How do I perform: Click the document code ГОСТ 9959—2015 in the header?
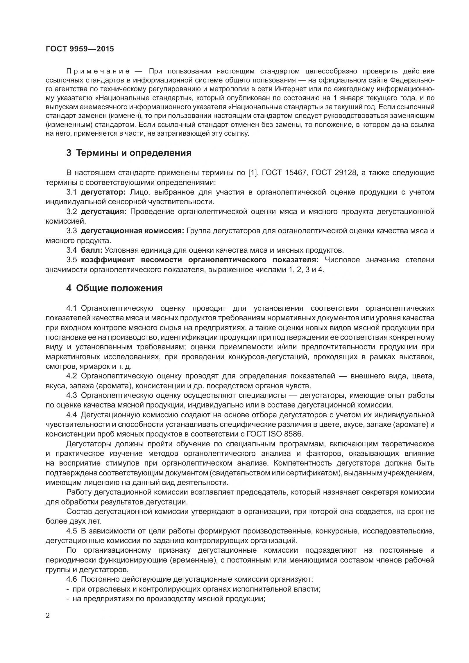(80, 49)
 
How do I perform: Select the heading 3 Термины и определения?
(129, 153)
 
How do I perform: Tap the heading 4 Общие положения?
(114, 288)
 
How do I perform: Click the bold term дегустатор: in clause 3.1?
(103, 192)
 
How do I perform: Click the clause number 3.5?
(72, 260)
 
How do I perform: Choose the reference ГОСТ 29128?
(334, 173)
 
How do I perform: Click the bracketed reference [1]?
(252, 173)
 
